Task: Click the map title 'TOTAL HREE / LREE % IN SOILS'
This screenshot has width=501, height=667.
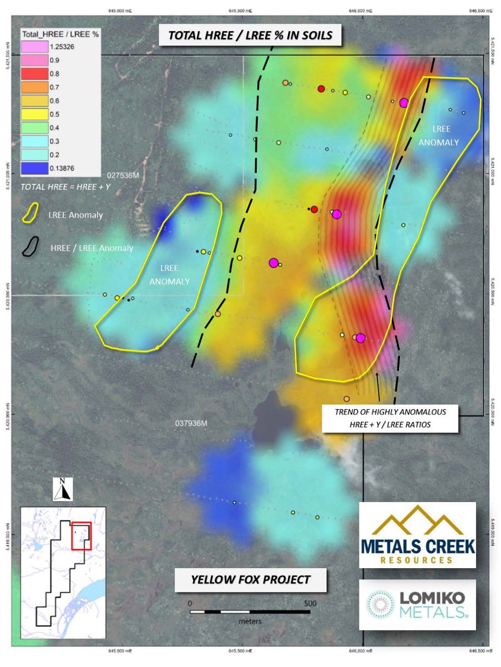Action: click(250, 35)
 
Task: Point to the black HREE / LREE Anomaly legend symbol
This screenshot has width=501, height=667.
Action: click(31, 246)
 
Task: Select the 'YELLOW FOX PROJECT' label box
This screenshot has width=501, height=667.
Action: click(250, 579)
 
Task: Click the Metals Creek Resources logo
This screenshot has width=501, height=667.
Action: click(417, 535)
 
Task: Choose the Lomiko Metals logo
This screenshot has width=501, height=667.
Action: click(417, 605)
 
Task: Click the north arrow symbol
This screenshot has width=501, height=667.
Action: click(63, 489)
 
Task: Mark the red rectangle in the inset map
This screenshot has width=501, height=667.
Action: click(81, 536)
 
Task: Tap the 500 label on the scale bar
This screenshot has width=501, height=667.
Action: click(310, 604)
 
